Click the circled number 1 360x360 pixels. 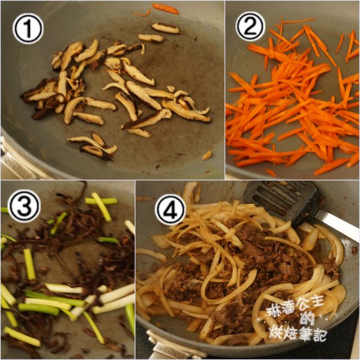pyautogui.click(x=28, y=29)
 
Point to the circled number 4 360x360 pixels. pyautogui.click(x=171, y=211)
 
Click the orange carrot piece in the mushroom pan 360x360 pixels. pyautogui.click(x=165, y=8)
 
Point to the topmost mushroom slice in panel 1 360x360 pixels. pyautogui.click(x=165, y=28)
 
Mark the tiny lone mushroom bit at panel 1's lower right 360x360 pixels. pyautogui.click(x=207, y=155)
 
